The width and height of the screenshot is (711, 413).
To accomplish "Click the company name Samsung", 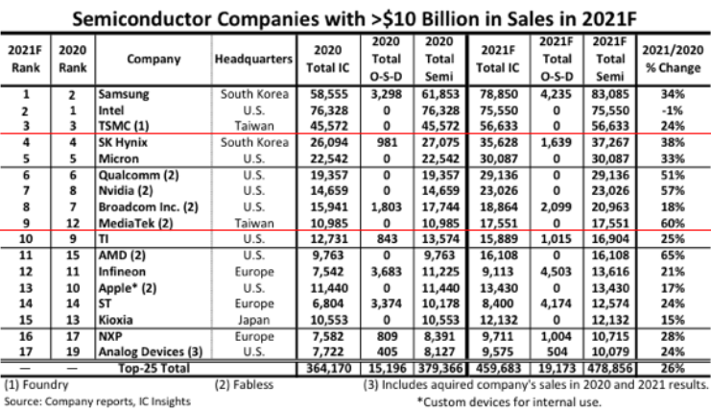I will coord(123,97).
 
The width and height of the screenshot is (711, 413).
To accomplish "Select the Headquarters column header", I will coord(252,60).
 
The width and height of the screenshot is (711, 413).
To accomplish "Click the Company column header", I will coord(152,60).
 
